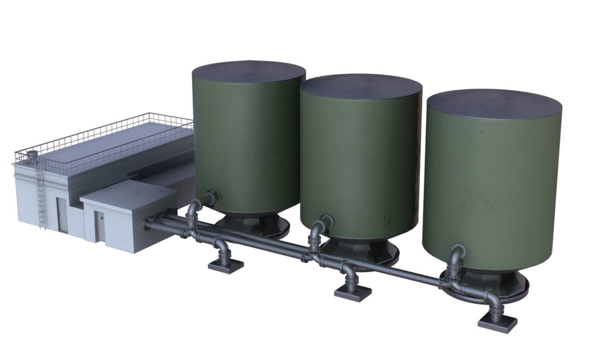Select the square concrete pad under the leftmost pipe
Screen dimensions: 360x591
point(226,265)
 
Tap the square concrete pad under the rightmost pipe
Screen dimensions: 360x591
point(498,321)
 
